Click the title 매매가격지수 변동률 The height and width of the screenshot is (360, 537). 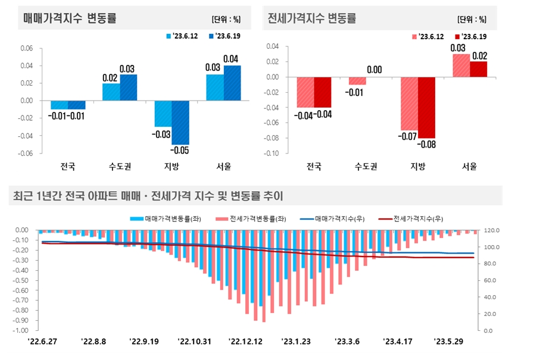(x=70, y=18)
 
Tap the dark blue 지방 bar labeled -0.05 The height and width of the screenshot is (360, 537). (x=180, y=123)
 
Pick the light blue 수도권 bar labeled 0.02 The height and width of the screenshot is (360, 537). (x=111, y=92)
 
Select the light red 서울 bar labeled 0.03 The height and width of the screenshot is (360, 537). (x=461, y=65)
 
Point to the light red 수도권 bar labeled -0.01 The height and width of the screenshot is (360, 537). (x=357, y=81)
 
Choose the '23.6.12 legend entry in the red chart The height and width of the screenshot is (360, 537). (x=428, y=36)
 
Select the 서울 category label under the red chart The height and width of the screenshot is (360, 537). (x=470, y=167)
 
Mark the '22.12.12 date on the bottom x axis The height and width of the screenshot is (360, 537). (x=245, y=342)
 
